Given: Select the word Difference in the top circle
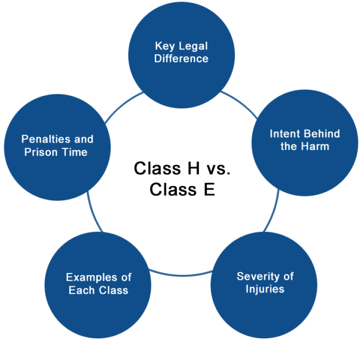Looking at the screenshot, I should tap(181, 58).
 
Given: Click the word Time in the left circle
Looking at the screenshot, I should tap(76, 152).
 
